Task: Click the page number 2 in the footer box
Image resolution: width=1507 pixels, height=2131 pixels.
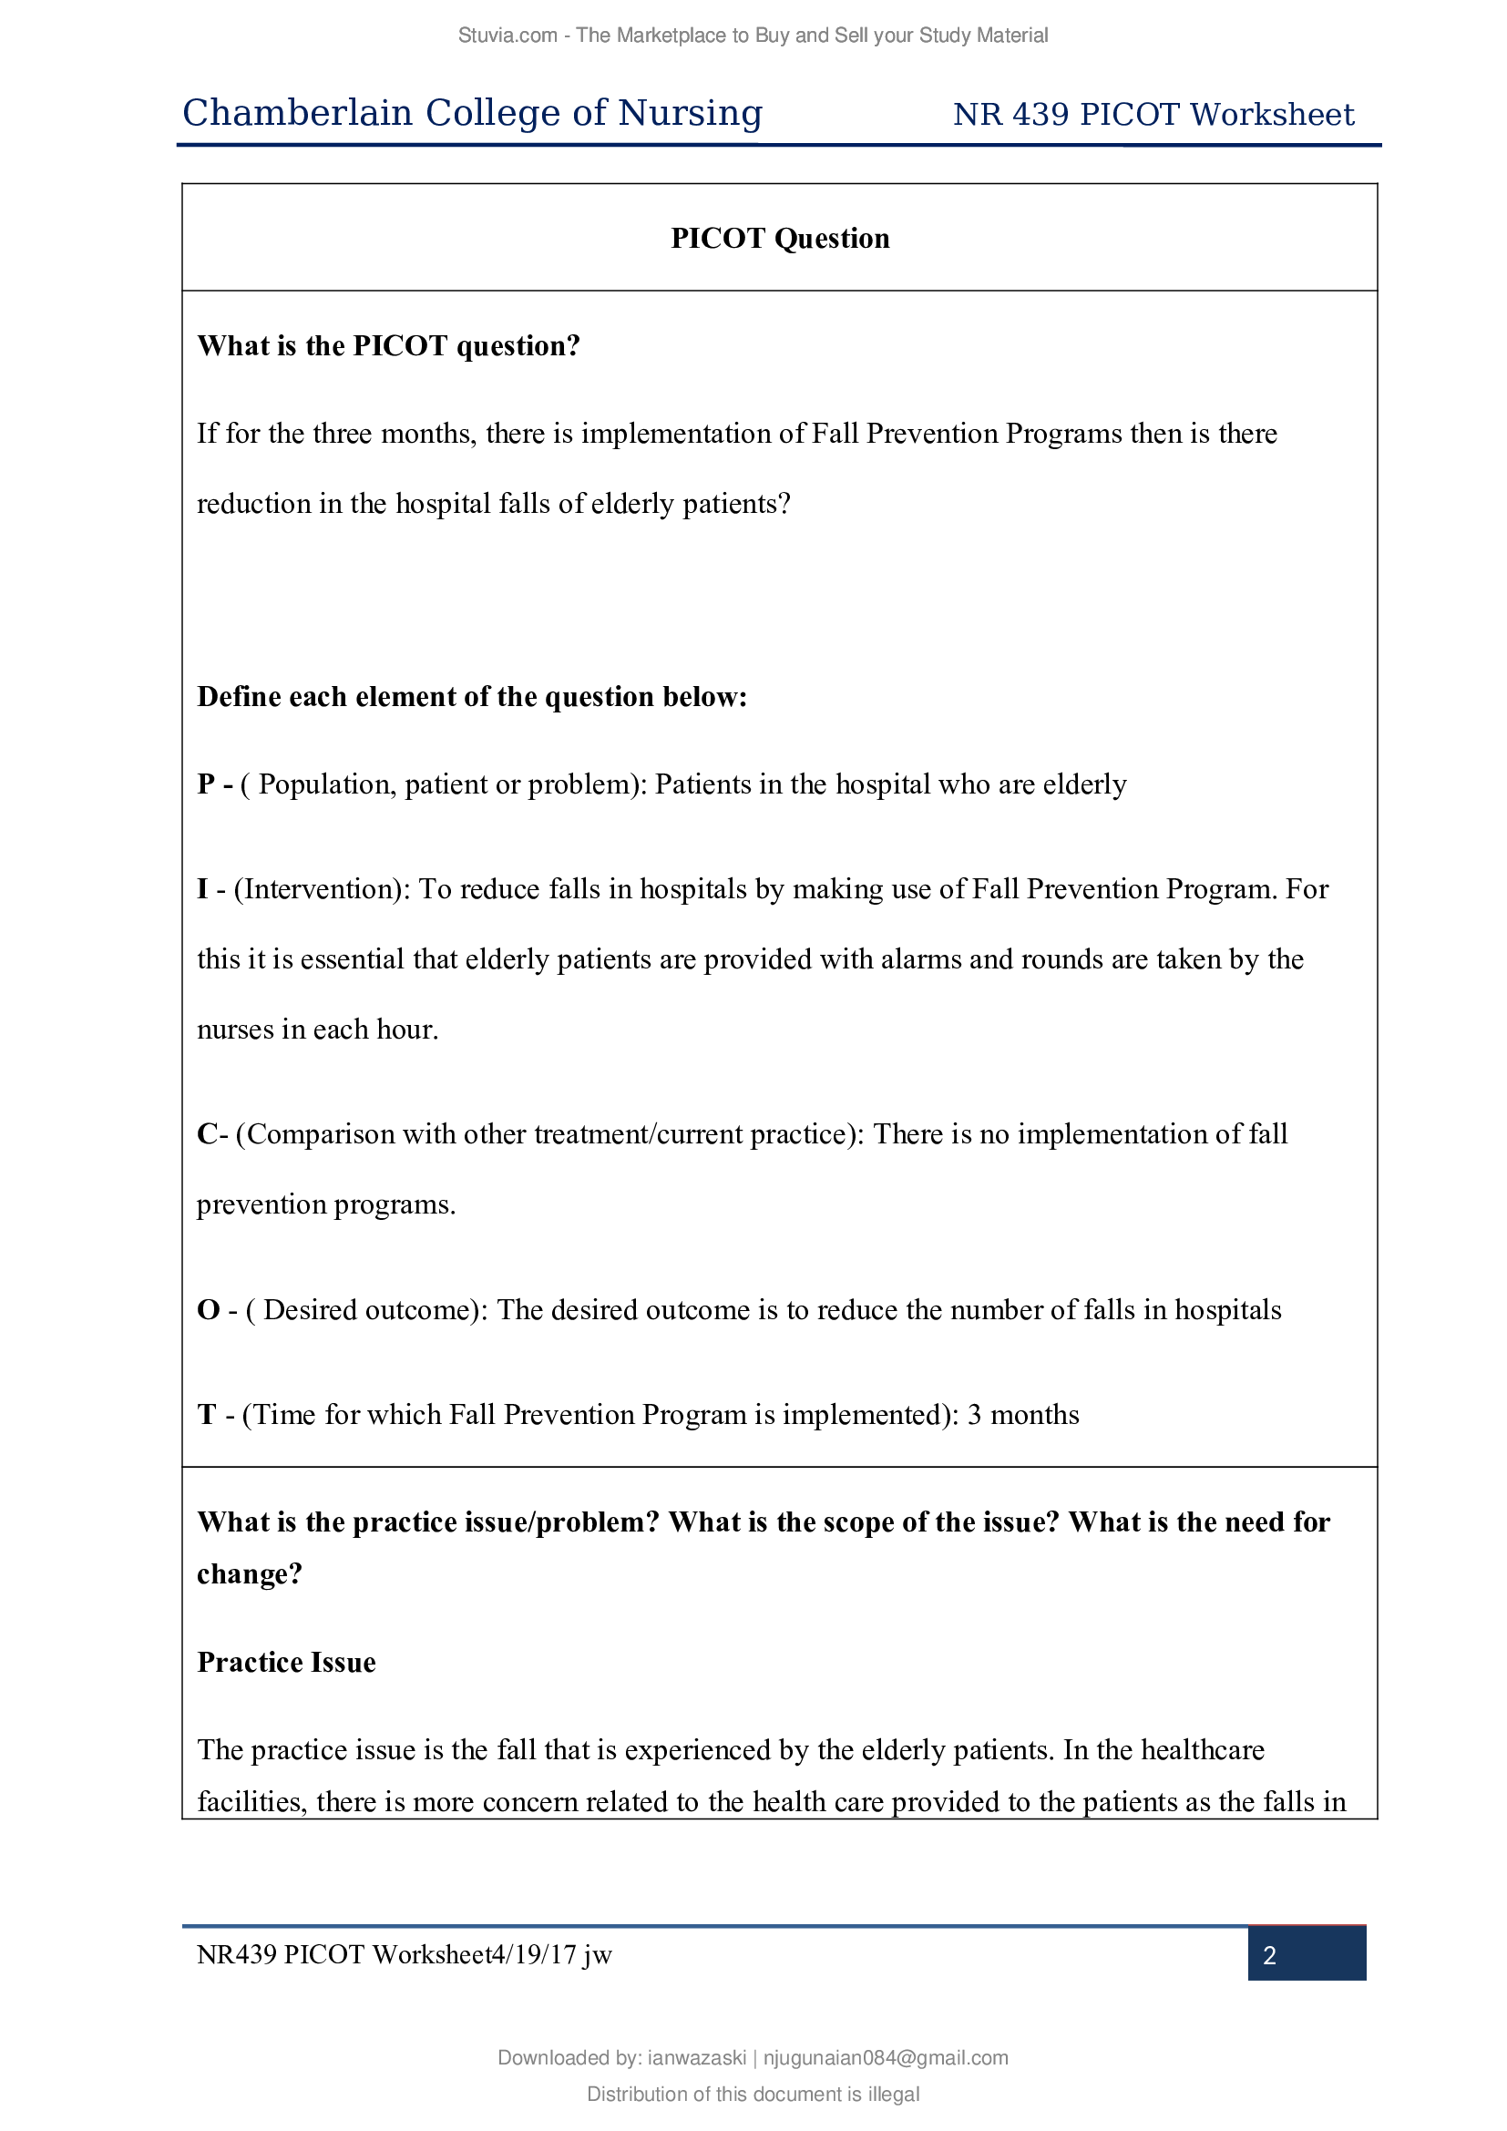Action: click(1268, 1955)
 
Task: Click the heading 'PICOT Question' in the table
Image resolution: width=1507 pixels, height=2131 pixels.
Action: click(780, 239)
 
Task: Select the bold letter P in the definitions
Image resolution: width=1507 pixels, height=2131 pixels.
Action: click(206, 784)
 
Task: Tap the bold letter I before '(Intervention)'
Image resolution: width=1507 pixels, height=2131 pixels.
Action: click(202, 889)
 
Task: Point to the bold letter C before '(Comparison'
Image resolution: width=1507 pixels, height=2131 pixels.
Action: click(208, 1134)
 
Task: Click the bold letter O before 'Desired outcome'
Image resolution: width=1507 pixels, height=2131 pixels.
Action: click(208, 1309)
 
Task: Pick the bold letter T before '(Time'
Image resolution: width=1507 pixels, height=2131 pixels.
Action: click(206, 1415)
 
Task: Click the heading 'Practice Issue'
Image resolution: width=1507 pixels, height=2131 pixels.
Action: click(286, 1663)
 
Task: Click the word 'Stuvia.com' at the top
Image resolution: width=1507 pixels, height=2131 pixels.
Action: click(507, 36)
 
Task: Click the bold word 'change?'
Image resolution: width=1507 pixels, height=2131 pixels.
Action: click(250, 1574)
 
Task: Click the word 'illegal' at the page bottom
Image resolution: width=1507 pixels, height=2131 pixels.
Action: click(894, 2094)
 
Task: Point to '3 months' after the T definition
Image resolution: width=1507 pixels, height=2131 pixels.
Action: click(1022, 1415)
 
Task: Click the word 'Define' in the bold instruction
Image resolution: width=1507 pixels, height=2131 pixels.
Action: click(239, 696)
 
